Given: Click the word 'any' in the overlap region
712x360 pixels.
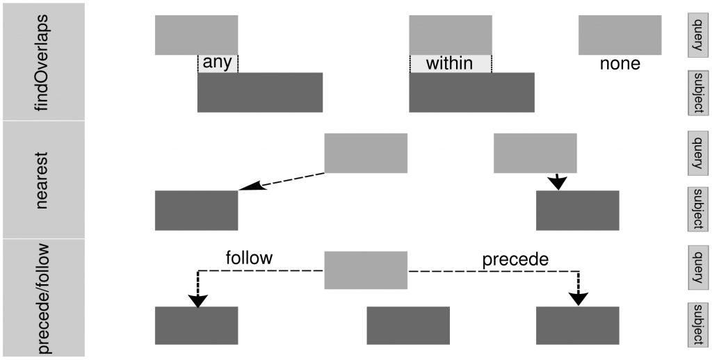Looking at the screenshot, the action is pos(218,63).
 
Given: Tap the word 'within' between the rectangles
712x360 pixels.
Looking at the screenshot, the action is pos(450,63).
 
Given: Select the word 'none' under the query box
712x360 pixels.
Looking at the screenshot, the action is pos(620,63).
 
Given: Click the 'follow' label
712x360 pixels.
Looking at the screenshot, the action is pos(250,257).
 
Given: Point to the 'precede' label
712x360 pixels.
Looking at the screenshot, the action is pos(515,260).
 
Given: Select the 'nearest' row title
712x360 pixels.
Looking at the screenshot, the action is pos(42,179).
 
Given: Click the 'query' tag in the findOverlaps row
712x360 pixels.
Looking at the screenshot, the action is pos(698,35).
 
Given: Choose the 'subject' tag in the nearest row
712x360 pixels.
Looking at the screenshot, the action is pos(698,209).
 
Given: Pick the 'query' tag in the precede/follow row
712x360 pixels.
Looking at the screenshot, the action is pos(698,268).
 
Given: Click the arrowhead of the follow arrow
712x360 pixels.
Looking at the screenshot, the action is pos(198,301).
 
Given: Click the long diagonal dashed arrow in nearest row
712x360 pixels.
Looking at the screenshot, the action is pos(282,181).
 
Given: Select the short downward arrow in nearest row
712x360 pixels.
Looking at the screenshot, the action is pos(557,181).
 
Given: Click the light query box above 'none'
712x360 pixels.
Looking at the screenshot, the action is pos(620,35).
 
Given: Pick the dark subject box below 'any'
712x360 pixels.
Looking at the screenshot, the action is pos(260,92).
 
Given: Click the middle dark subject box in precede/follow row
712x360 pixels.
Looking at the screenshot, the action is pos(408,326).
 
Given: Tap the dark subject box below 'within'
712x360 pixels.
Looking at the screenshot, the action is pos(472,92).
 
